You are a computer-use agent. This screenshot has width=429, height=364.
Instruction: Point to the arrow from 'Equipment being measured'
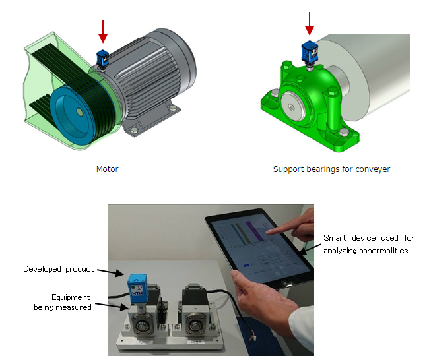(x=113, y=306)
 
